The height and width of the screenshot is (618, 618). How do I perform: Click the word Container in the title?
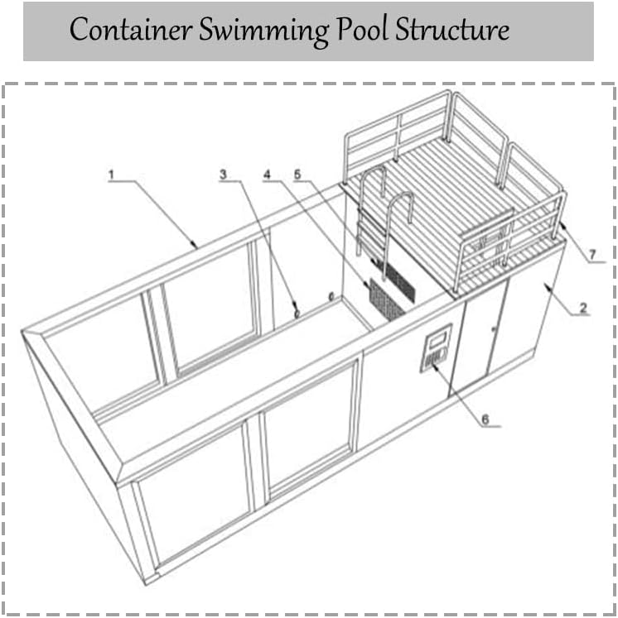pos(131,30)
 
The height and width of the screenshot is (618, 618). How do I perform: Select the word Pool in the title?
pos(362,29)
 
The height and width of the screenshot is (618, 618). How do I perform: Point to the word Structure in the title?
pos(452,30)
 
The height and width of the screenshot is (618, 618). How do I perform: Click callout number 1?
pos(111,175)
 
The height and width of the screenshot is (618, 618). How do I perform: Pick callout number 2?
pos(583,308)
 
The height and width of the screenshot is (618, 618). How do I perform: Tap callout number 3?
pos(224,175)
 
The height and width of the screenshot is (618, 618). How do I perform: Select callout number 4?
pos(268,175)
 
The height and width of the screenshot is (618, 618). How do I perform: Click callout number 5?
pos(297,175)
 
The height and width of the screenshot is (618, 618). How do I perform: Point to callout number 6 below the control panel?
pos(485,419)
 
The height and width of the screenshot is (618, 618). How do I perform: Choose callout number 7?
pos(592,255)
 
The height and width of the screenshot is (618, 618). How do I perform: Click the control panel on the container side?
pos(436,348)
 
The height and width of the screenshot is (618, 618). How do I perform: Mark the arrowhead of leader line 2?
pos(548,285)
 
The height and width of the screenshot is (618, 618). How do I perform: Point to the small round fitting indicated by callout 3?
pos(297,314)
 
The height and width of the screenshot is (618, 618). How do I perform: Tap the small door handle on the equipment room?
pos(493,328)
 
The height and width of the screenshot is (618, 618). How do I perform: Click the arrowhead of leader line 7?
pos(562,226)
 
